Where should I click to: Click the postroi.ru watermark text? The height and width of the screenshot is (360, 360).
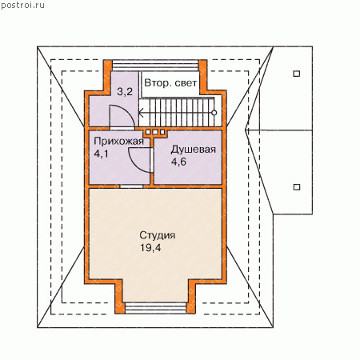[x=22, y=6]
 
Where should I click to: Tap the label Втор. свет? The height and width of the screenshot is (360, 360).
[x=170, y=83]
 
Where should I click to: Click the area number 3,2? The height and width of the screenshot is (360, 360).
[x=125, y=92]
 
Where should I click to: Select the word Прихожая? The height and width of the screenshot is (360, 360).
[x=118, y=142]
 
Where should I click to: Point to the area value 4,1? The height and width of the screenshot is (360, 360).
[x=101, y=154]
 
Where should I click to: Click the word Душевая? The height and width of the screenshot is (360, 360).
[x=194, y=150]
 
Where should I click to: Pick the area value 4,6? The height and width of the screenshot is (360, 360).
[x=178, y=162]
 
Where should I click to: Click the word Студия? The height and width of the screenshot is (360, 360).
[x=158, y=235]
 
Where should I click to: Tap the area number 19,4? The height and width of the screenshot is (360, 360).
[x=150, y=248]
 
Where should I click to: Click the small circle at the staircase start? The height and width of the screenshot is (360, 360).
[x=214, y=113]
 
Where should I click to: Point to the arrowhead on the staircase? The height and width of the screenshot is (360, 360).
[x=141, y=113]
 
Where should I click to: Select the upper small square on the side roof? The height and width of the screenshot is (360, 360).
[x=297, y=74]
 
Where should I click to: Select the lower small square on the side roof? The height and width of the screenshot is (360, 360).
[x=297, y=187]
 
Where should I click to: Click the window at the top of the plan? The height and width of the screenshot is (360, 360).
[x=155, y=66]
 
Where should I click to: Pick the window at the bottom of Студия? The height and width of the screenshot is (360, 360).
[x=156, y=308]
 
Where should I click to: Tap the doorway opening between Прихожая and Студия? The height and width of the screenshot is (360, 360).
[x=131, y=186]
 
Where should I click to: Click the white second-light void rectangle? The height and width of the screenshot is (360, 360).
[x=170, y=84]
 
